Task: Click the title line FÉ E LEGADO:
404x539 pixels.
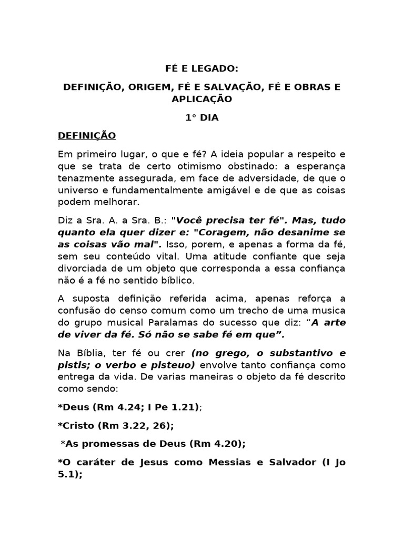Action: (x=201, y=68)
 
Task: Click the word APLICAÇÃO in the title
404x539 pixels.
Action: (x=201, y=98)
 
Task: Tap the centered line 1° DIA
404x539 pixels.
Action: (x=201, y=118)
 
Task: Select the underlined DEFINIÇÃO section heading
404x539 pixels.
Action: (x=87, y=136)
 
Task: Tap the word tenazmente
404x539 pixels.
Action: (x=84, y=178)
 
